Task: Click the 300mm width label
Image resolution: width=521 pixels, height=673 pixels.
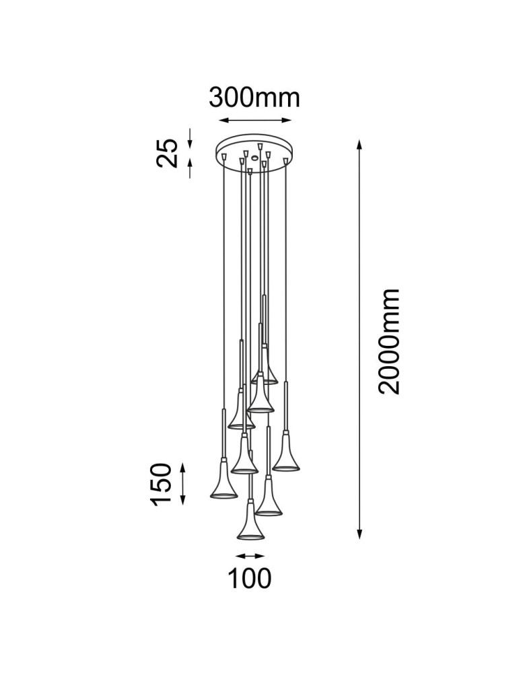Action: tap(254, 98)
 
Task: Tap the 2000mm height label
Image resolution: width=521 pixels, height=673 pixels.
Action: tap(389, 341)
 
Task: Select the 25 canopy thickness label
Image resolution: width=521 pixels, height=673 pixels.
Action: tap(167, 153)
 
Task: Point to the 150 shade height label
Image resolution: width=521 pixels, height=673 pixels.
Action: tap(160, 483)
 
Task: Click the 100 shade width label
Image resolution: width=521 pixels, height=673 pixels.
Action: tap(249, 578)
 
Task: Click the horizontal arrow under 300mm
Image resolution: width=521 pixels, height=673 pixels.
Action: tap(255, 120)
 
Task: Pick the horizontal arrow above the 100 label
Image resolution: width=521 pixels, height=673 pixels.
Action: tap(250, 557)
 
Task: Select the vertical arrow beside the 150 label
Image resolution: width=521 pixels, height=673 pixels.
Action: tap(183, 484)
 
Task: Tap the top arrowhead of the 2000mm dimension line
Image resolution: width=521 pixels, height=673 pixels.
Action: tap(359, 144)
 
